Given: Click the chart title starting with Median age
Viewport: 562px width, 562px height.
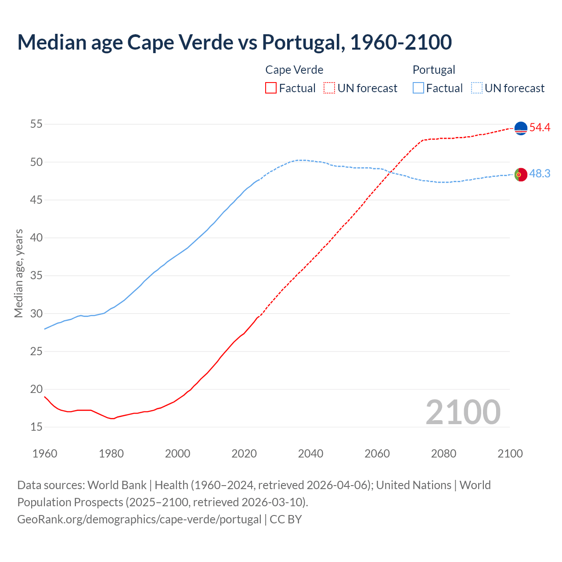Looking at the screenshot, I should tap(234, 42).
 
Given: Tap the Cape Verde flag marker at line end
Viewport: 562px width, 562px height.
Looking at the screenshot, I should tap(520, 128).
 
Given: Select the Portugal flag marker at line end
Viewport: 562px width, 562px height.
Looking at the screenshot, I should tap(520, 174).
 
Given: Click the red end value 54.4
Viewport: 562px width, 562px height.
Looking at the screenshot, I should tap(540, 128).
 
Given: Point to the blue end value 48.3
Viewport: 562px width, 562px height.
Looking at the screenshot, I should tap(540, 174).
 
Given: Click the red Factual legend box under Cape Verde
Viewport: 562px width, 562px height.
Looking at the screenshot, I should tap(271, 88).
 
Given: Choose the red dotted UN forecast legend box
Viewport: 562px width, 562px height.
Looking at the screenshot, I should tap(329, 88).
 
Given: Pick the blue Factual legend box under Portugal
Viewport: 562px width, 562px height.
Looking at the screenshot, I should tap(418, 88).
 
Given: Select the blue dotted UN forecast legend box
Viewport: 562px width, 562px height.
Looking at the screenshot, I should tap(477, 88).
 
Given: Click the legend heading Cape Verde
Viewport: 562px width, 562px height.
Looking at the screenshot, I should tap(294, 70).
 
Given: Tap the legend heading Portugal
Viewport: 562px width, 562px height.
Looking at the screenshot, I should tap(434, 70).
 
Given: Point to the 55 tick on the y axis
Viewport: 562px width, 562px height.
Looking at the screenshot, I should tap(36, 124).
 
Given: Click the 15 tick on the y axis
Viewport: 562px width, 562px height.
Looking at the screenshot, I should tap(36, 427).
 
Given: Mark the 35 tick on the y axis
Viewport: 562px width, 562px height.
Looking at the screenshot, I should tap(36, 276).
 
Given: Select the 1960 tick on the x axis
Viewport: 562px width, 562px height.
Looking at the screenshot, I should tap(45, 454).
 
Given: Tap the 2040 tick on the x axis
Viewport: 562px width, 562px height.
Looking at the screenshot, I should tap(310, 454).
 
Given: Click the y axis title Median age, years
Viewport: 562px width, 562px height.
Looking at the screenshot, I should tap(19, 273).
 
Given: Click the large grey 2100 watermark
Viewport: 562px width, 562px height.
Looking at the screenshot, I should tap(463, 412).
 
